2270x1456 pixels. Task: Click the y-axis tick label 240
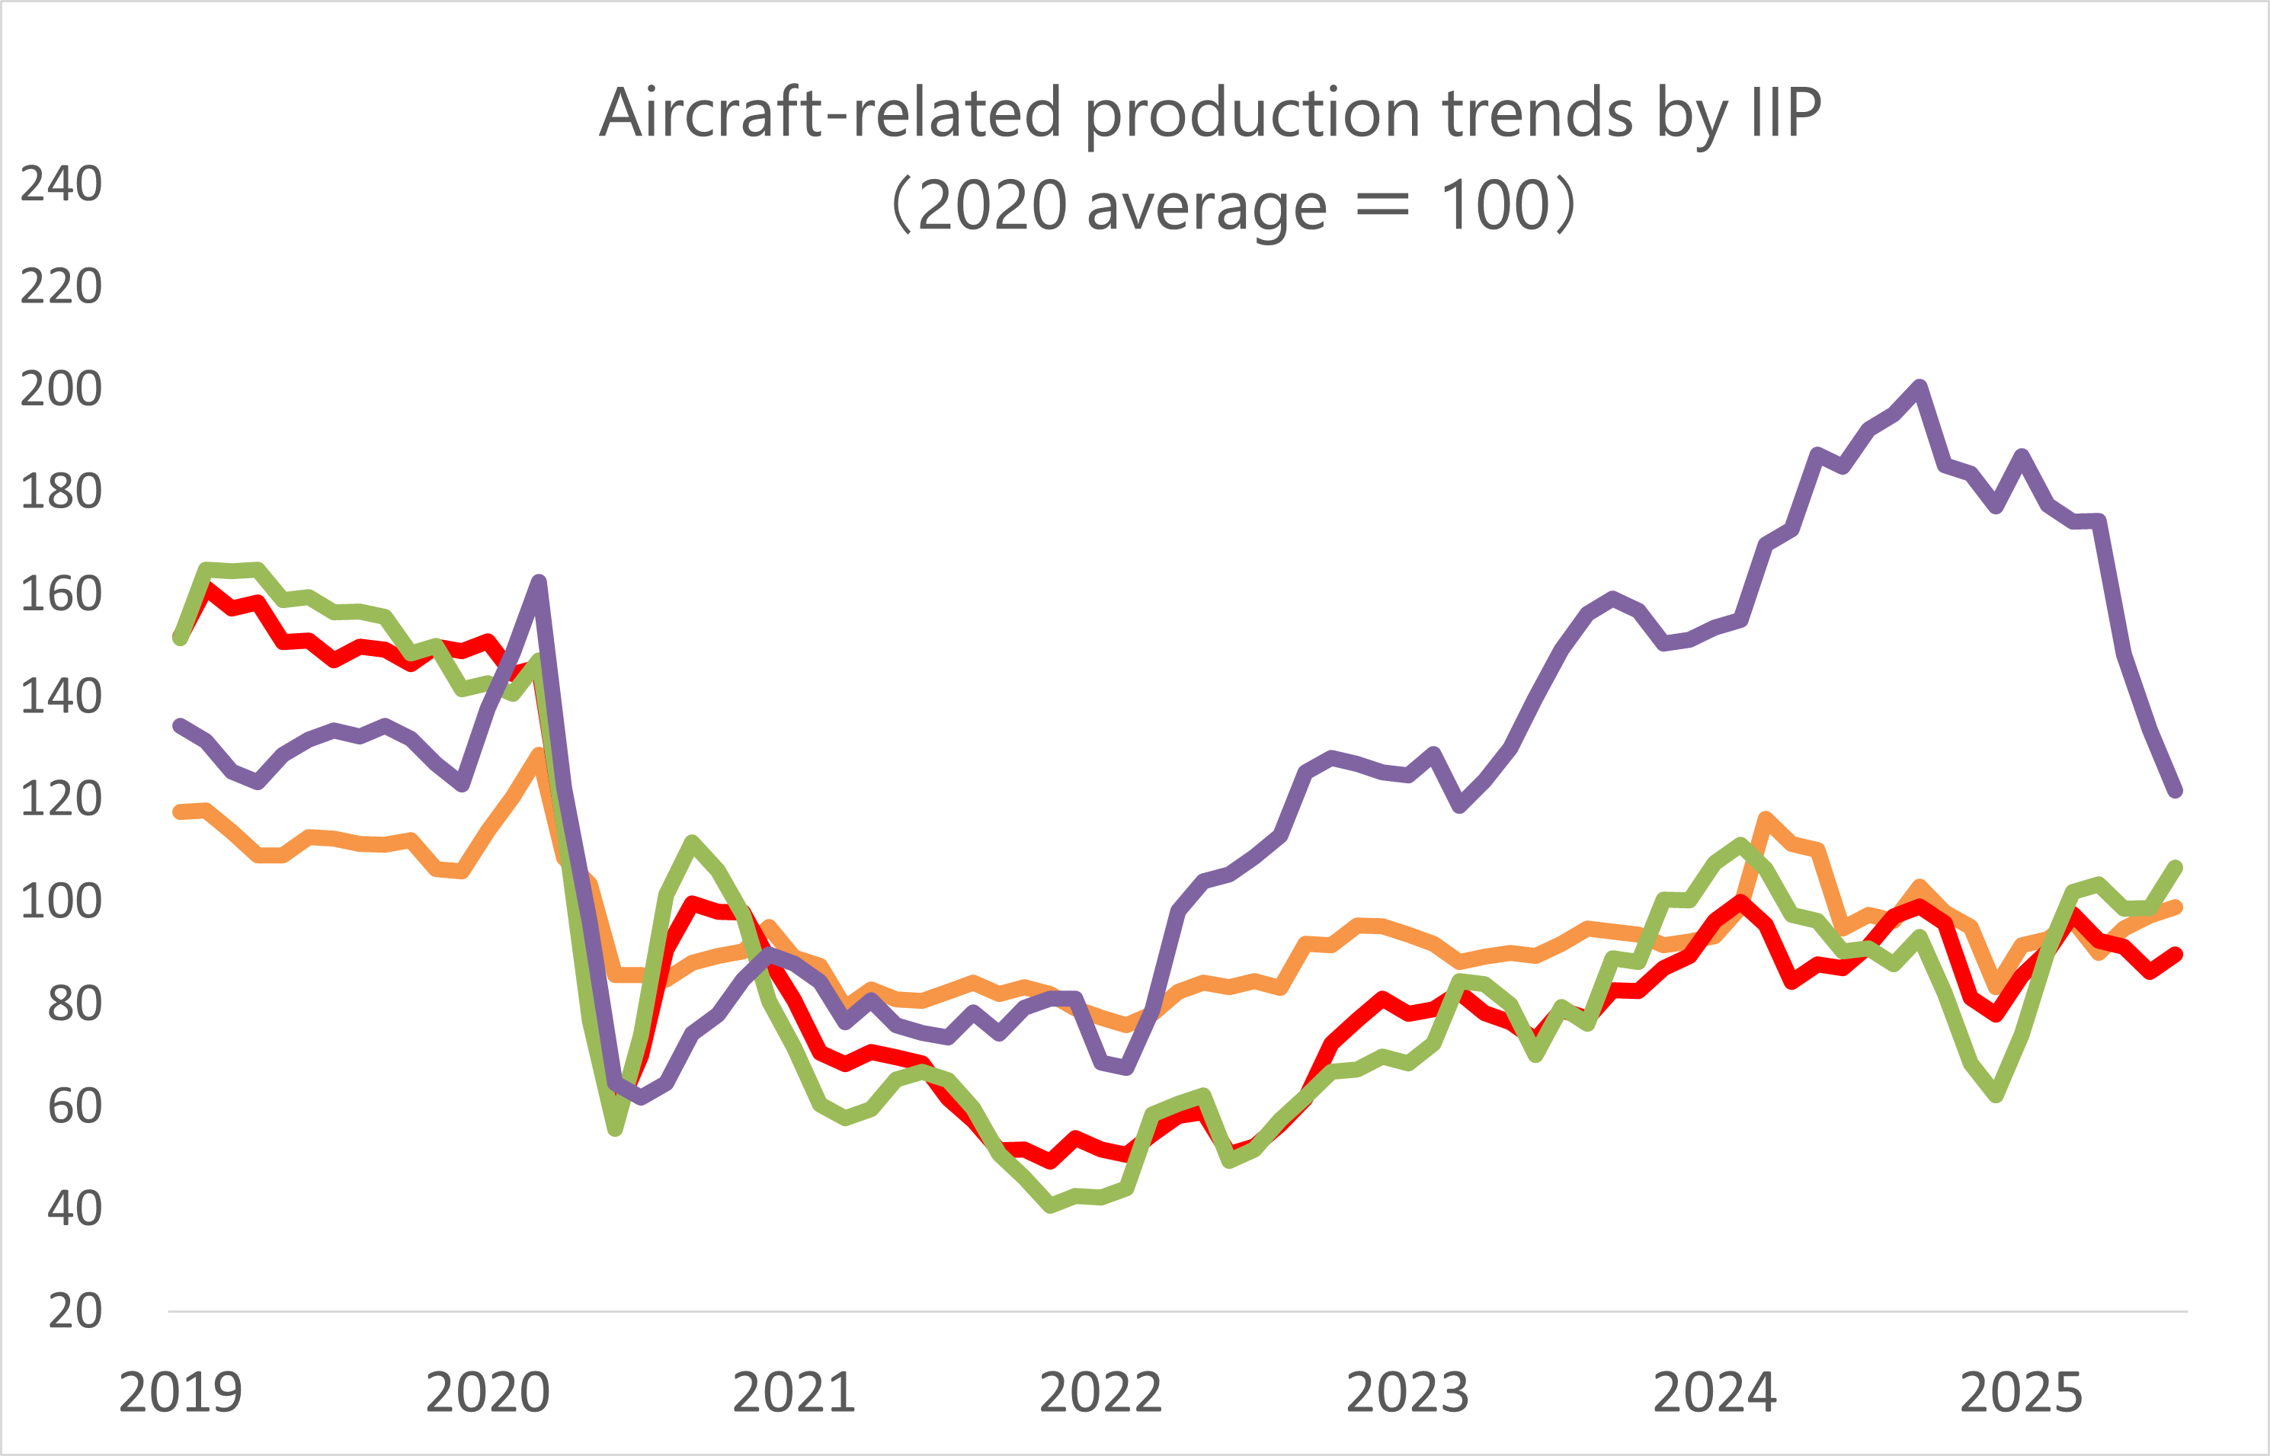tap(60, 184)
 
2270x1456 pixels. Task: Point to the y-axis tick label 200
tap(60, 389)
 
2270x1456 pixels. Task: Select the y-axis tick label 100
tap(60, 901)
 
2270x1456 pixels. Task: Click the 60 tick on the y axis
tap(74, 1106)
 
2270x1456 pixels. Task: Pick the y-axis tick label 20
tap(74, 1311)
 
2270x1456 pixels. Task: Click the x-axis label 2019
tap(181, 1393)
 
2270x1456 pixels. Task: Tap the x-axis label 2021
tap(794, 1393)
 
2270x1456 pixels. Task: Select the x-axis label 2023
tap(1407, 1393)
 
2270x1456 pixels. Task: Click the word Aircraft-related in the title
tap(830, 114)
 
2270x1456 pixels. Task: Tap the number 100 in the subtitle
tap(1494, 206)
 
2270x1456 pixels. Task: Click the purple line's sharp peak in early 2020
tap(539, 581)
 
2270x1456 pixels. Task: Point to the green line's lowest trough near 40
tap(1052, 1205)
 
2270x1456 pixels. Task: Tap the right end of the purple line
tap(2175, 790)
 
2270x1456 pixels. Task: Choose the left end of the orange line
tap(180, 811)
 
